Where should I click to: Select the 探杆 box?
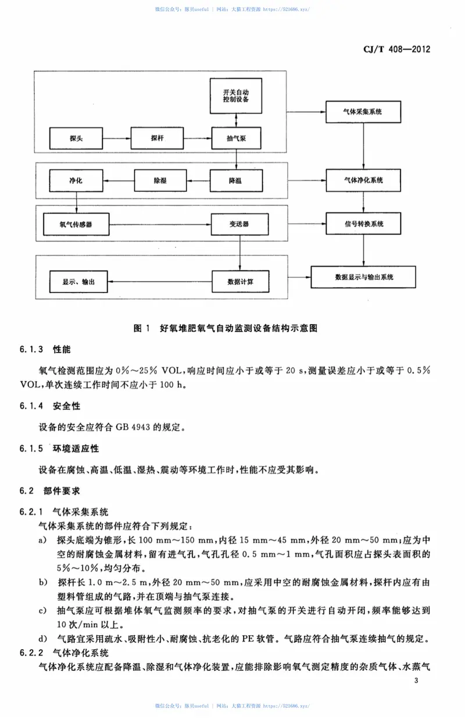[157, 138]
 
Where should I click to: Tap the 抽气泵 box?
[236, 138]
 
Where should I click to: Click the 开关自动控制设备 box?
[236, 96]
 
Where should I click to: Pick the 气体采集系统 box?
[363, 111]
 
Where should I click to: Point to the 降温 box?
[236, 181]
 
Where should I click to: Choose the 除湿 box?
[160, 181]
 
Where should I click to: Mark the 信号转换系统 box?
[363, 224]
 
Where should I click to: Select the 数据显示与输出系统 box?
[364, 277]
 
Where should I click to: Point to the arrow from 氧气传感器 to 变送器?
[160, 224]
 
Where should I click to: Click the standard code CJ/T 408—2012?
[392, 50]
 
